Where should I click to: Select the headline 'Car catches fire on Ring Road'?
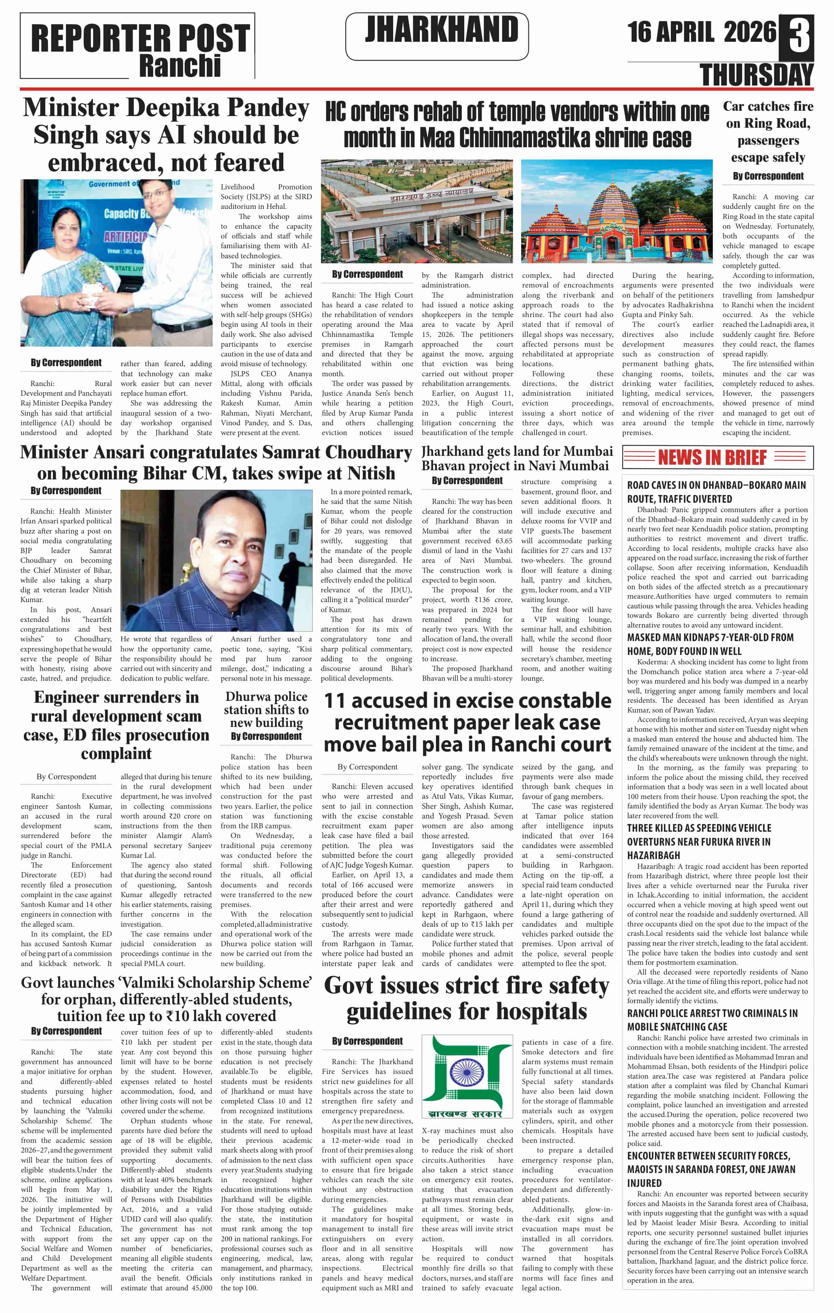point(768,131)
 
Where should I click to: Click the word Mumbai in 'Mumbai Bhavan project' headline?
point(588,451)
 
